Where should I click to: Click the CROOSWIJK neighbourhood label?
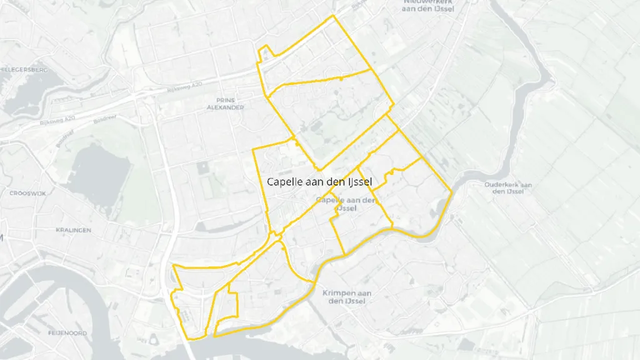point(27,194)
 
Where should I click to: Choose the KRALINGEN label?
point(73,230)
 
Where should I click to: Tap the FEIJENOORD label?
point(67,332)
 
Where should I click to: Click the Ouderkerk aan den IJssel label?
point(507,187)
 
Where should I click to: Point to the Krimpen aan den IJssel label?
point(347,297)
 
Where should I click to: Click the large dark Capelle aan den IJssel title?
point(319,182)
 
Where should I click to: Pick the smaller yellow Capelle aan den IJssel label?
point(347,204)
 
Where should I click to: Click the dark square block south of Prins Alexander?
point(202,167)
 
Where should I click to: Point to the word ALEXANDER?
point(226,107)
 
